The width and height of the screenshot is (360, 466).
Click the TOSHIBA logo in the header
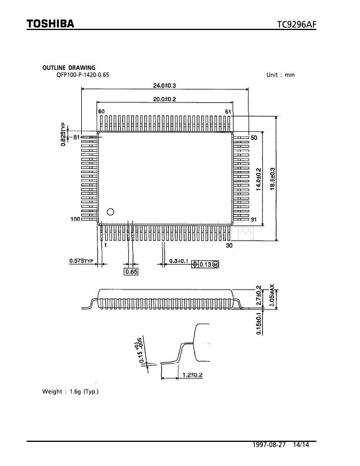click(x=50, y=24)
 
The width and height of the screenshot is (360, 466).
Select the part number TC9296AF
click(x=297, y=25)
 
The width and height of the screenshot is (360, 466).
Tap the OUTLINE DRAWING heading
click(x=68, y=68)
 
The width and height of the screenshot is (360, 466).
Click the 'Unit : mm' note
click(x=280, y=75)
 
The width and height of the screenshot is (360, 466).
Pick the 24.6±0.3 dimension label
click(x=165, y=86)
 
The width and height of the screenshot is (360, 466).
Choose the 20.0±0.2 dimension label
click(x=165, y=99)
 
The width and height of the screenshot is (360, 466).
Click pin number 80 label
click(x=102, y=111)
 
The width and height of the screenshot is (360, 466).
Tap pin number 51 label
click(x=228, y=111)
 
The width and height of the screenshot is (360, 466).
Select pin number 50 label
click(x=254, y=138)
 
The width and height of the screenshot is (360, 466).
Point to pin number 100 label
click(x=75, y=219)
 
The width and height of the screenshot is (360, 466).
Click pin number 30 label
click(x=229, y=245)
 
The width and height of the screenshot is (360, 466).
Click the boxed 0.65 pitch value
click(x=131, y=272)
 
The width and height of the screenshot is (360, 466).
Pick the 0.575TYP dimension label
click(x=82, y=261)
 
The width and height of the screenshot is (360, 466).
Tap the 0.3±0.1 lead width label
click(x=178, y=261)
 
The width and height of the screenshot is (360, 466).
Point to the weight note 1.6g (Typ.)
click(x=71, y=391)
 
